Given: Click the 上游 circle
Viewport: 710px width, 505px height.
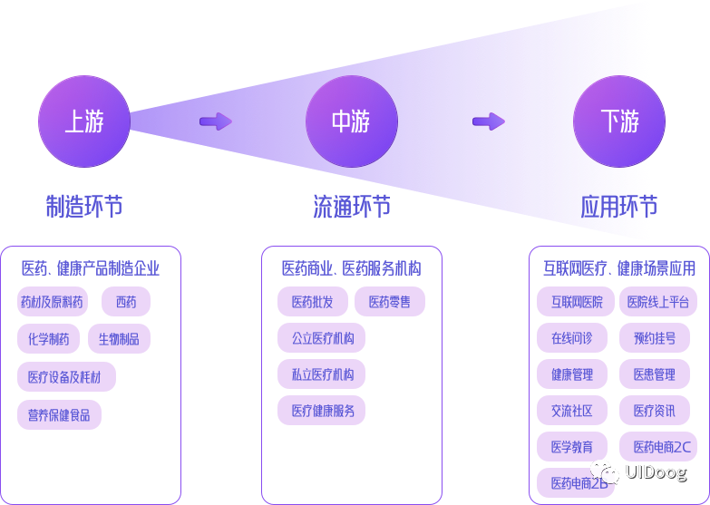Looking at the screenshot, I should [83, 121].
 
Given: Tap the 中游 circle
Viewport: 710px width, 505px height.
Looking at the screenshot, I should [351, 121].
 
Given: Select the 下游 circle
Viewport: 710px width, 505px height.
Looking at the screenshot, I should [619, 121].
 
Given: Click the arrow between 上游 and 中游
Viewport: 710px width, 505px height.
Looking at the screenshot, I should [216, 121].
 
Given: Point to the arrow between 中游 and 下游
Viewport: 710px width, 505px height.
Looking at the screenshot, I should [489, 121].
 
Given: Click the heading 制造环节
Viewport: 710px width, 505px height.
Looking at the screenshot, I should [83, 207].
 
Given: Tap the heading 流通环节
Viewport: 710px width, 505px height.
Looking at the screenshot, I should [351, 207].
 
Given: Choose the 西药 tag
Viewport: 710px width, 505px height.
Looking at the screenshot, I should [125, 302].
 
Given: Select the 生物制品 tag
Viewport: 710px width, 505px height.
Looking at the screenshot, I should [119, 339].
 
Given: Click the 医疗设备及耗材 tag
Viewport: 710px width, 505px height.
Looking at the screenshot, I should [66, 376].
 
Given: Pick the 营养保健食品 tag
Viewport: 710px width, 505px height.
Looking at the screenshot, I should [59, 414].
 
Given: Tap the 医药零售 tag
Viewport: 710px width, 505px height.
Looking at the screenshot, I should [389, 302].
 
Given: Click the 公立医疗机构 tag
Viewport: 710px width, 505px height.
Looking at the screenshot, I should [322, 339].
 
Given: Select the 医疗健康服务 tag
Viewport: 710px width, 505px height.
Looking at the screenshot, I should [322, 411].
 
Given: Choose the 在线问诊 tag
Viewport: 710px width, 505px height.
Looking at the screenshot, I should [571, 338].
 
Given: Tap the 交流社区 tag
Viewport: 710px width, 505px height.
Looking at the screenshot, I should [571, 411].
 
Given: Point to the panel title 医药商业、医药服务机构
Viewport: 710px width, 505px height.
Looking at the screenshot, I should [351, 268].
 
